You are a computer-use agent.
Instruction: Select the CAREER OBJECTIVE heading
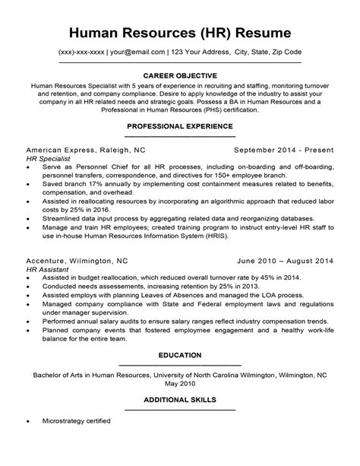tap(180, 75)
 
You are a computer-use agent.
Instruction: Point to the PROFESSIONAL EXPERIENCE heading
tap(180, 125)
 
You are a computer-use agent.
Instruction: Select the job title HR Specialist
tap(48, 160)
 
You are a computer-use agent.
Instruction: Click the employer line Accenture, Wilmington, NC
tap(77, 260)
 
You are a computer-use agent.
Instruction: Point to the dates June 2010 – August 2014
tap(286, 260)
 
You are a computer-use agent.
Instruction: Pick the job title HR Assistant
tap(47, 269)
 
